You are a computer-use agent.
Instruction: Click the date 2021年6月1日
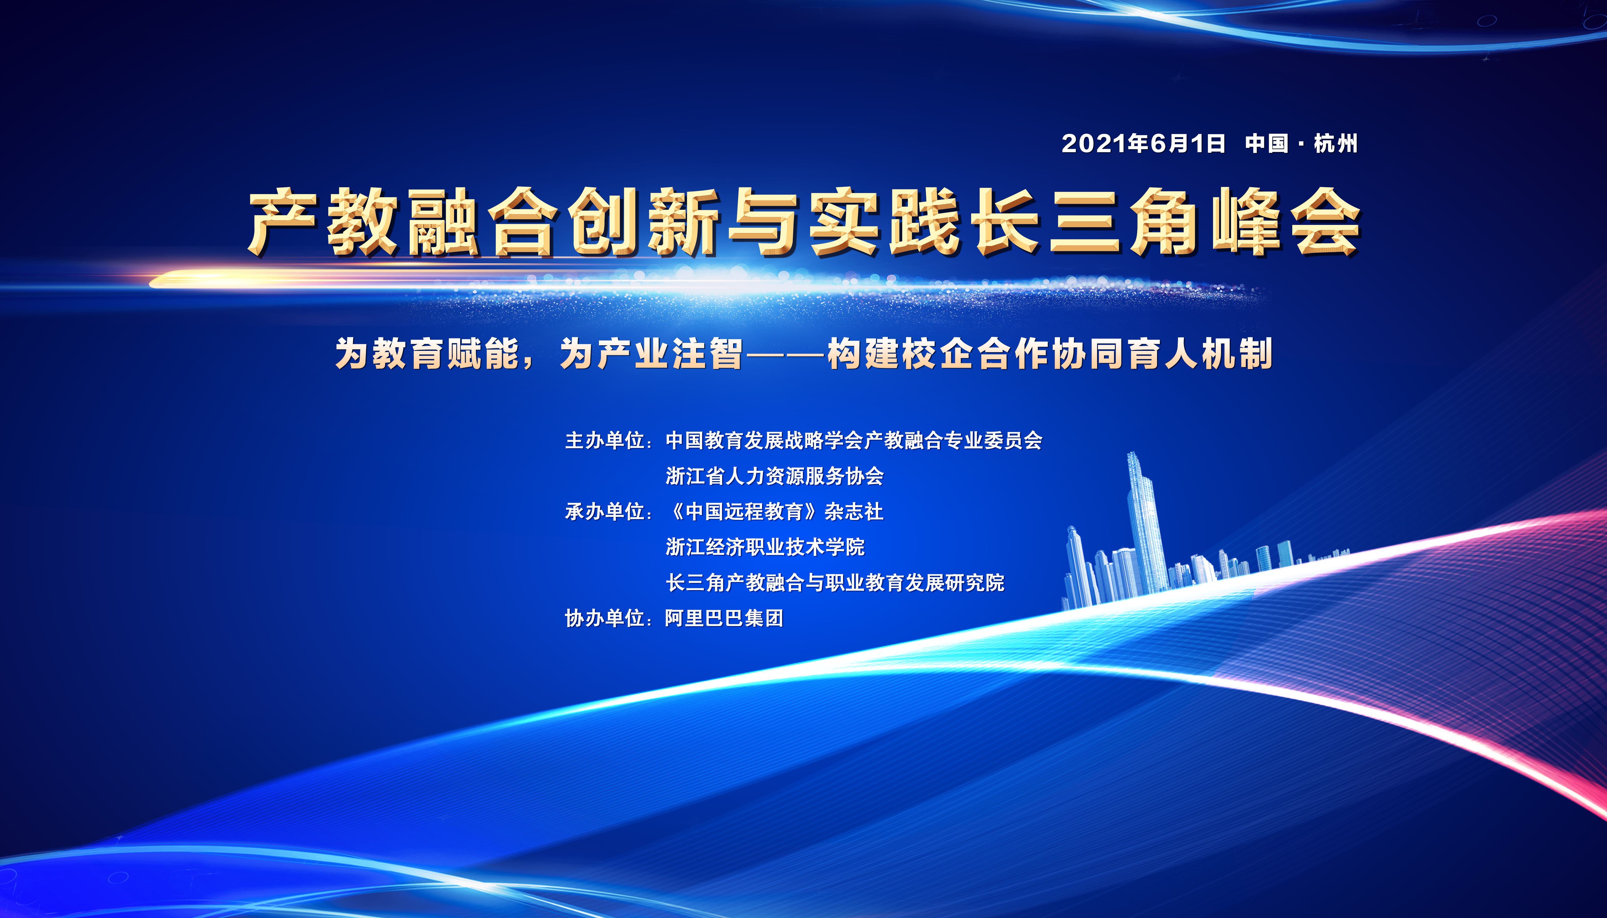pos(1143,144)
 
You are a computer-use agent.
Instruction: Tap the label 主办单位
pos(604,440)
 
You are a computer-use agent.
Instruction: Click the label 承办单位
pos(604,511)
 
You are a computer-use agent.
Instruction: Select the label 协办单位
pos(604,618)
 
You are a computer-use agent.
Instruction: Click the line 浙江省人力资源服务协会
pos(774,476)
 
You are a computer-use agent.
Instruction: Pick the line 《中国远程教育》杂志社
pos(774,511)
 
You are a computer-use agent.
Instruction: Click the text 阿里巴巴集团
pos(724,618)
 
